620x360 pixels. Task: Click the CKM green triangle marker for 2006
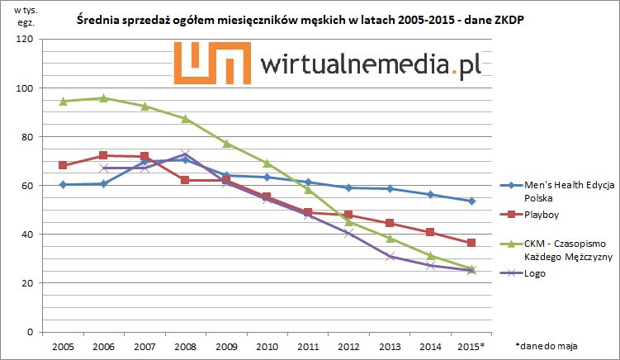(103, 98)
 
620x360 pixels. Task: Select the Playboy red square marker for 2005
(63, 165)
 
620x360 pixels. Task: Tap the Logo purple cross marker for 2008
(184, 154)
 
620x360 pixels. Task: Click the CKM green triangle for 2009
(225, 144)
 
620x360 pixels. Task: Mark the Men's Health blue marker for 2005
(63, 184)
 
